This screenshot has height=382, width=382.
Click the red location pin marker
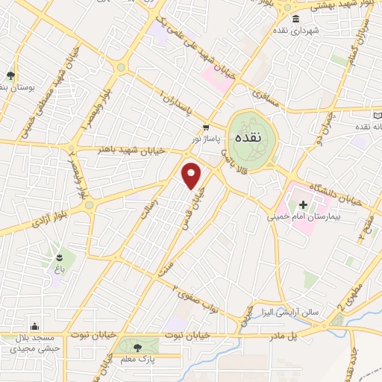coord(192,175)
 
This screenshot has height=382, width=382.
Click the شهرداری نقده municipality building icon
coord(296,19)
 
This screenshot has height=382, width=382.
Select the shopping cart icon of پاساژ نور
coord(206,128)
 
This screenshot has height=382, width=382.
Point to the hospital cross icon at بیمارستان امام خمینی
coord(303,204)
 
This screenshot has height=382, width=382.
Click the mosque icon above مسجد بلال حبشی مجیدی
coord(34,325)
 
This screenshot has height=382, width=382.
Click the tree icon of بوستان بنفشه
coord(10,75)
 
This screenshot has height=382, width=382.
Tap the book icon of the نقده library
coord(378,116)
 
